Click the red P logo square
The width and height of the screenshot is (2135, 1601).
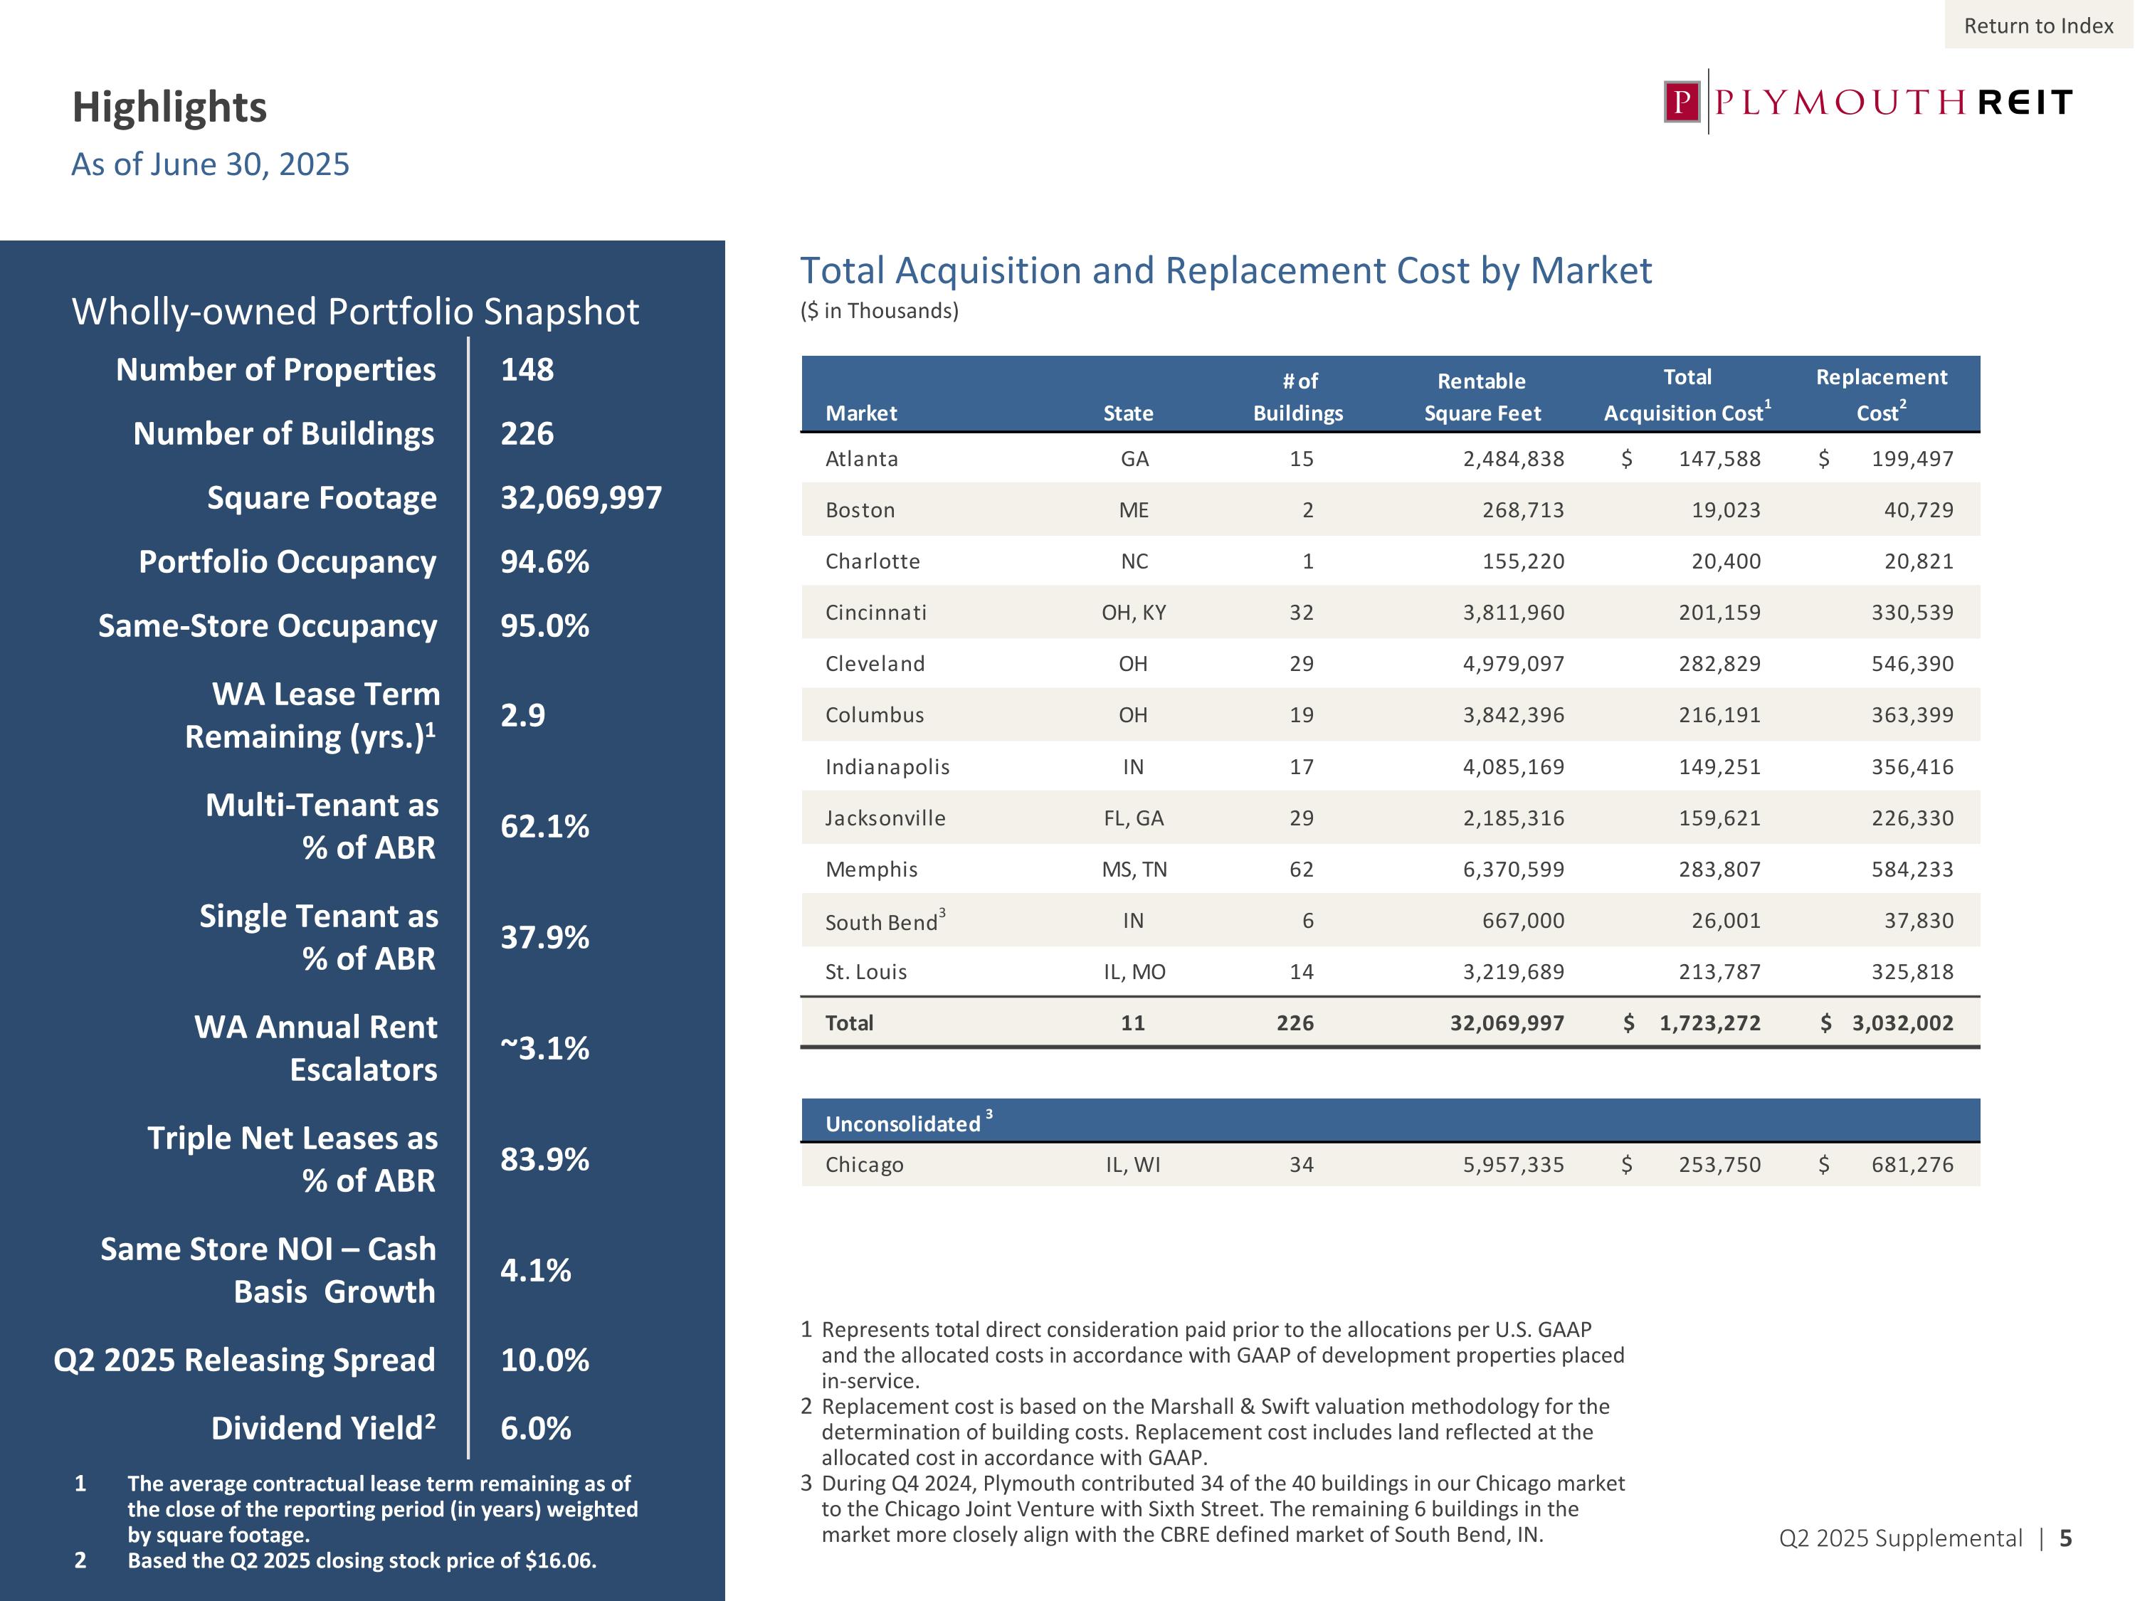pyautogui.click(x=1682, y=101)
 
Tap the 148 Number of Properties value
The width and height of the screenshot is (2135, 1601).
pyautogui.click(x=527, y=369)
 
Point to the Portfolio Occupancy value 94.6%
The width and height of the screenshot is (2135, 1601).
pyautogui.click(x=544, y=561)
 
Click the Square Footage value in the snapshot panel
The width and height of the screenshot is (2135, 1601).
pyautogui.click(x=580, y=498)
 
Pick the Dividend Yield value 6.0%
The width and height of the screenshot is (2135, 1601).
pyautogui.click(x=536, y=1428)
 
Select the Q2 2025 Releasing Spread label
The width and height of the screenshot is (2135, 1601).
pyautogui.click(x=244, y=1360)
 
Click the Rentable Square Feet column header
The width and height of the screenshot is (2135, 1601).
pyautogui.click(x=1482, y=396)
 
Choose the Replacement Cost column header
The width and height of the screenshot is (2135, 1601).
pyautogui.click(x=1881, y=393)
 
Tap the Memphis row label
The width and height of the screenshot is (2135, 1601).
pyautogui.click(x=870, y=870)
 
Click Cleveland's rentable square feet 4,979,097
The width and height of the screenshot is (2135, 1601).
pyautogui.click(x=1514, y=664)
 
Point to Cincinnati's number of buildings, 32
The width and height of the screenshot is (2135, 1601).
pyautogui.click(x=1301, y=613)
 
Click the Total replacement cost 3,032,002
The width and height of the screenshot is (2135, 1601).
pyautogui.click(x=1902, y=1023)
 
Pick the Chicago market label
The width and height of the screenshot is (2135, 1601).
pyautogui.click(x=864, y=1165)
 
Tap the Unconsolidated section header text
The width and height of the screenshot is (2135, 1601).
pyautogui.click(x=902, y=1124)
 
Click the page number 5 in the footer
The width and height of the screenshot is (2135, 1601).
pyautogui.click(x=2065, y=1538)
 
